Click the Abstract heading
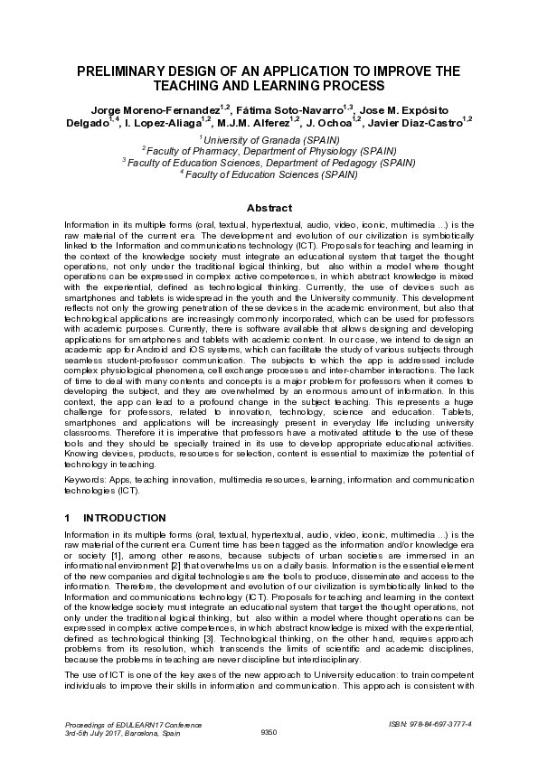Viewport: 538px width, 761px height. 269,207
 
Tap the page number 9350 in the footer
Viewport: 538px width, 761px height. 269,731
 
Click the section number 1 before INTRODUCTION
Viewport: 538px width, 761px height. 68,518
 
